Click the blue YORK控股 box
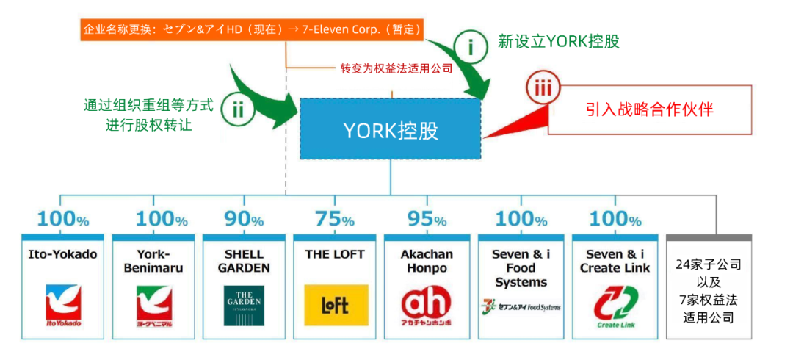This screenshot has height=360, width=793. (x=391, y=129)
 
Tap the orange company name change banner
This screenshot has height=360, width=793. (x=252, y=30)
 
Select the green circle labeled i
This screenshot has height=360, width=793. (x=472, y=47)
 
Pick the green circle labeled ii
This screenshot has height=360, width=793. (x=237, y=110)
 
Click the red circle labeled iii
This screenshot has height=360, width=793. (x=543, y=90)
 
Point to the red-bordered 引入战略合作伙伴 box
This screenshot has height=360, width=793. (x=650, y=110)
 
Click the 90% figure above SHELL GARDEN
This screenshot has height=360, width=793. (x=243, y=219)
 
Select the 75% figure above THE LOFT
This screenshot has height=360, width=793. (x=334, y=219)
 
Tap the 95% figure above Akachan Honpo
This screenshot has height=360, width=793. (x=425, y=219)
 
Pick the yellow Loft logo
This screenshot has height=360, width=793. (x=336, y=305)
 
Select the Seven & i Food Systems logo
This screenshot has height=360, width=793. (x=521, y=306)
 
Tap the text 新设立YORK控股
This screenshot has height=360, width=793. (x=558, y=41)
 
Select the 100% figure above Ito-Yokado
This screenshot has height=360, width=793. (x=63, y=219)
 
